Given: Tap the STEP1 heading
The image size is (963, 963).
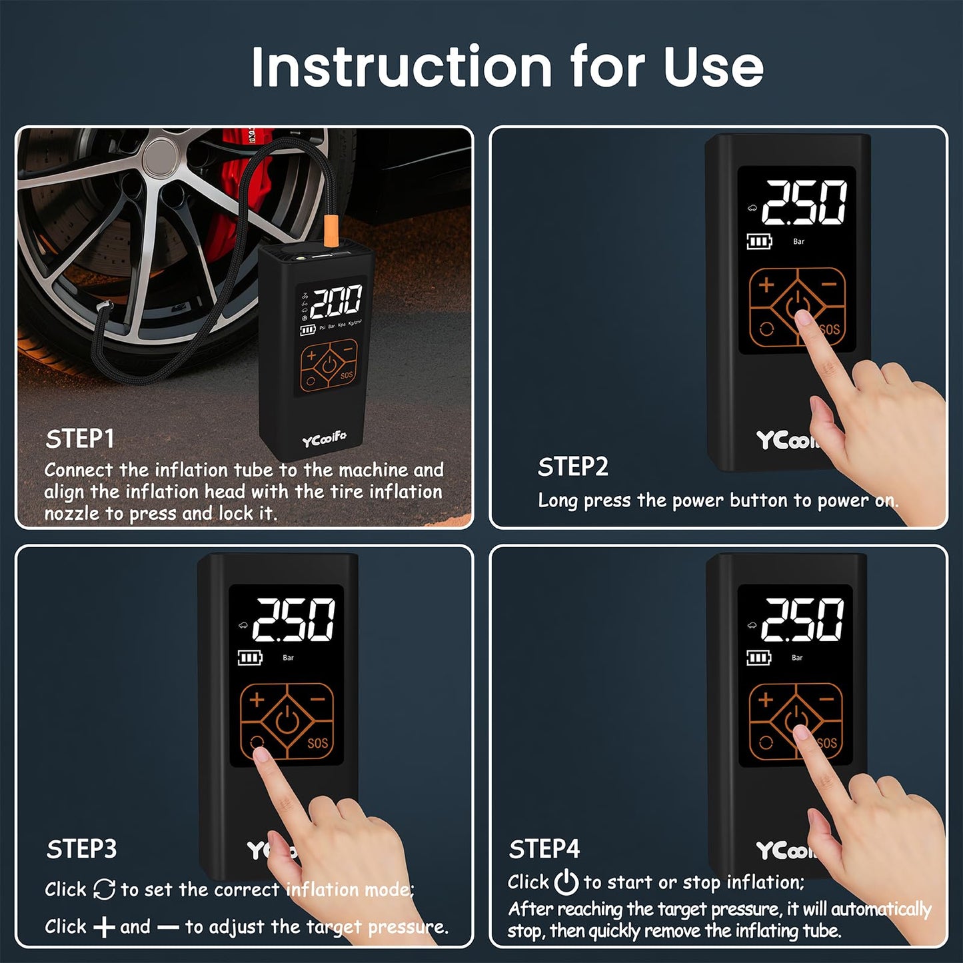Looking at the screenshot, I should pyautogui.click(x=80, y=439).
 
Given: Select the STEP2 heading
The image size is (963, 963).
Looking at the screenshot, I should pyautogui.click(x=572, y=467).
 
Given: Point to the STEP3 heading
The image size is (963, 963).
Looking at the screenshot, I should pyautogui.click(x=81, y=849).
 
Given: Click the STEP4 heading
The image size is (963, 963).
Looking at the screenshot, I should pyautogui.click(x=544, y=849).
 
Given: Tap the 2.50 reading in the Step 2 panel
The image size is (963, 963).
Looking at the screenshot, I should pyautogui.click(x=804, y=203).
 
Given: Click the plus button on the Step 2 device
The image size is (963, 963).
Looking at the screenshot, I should pyautogui.click(x=766, y=285).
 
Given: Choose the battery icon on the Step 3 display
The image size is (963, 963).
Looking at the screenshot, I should pyautogui.click(x=250, y=658).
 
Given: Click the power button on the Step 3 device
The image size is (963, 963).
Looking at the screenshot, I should pyautogui.click(x=287, y=720).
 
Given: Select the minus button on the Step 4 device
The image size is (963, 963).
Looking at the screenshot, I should pyautogui.click(x=826, y=700).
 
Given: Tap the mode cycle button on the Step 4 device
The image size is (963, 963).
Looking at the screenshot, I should pyautogui.click(x=766, y=743).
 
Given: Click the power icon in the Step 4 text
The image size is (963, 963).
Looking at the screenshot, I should pyautogui.click(x=566, y=882).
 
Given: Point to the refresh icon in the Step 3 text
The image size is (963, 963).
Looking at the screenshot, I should pyautogui.click(x=104, y=889).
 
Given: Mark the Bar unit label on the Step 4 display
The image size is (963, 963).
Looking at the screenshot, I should pyautogui.click(x=797, y=658).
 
